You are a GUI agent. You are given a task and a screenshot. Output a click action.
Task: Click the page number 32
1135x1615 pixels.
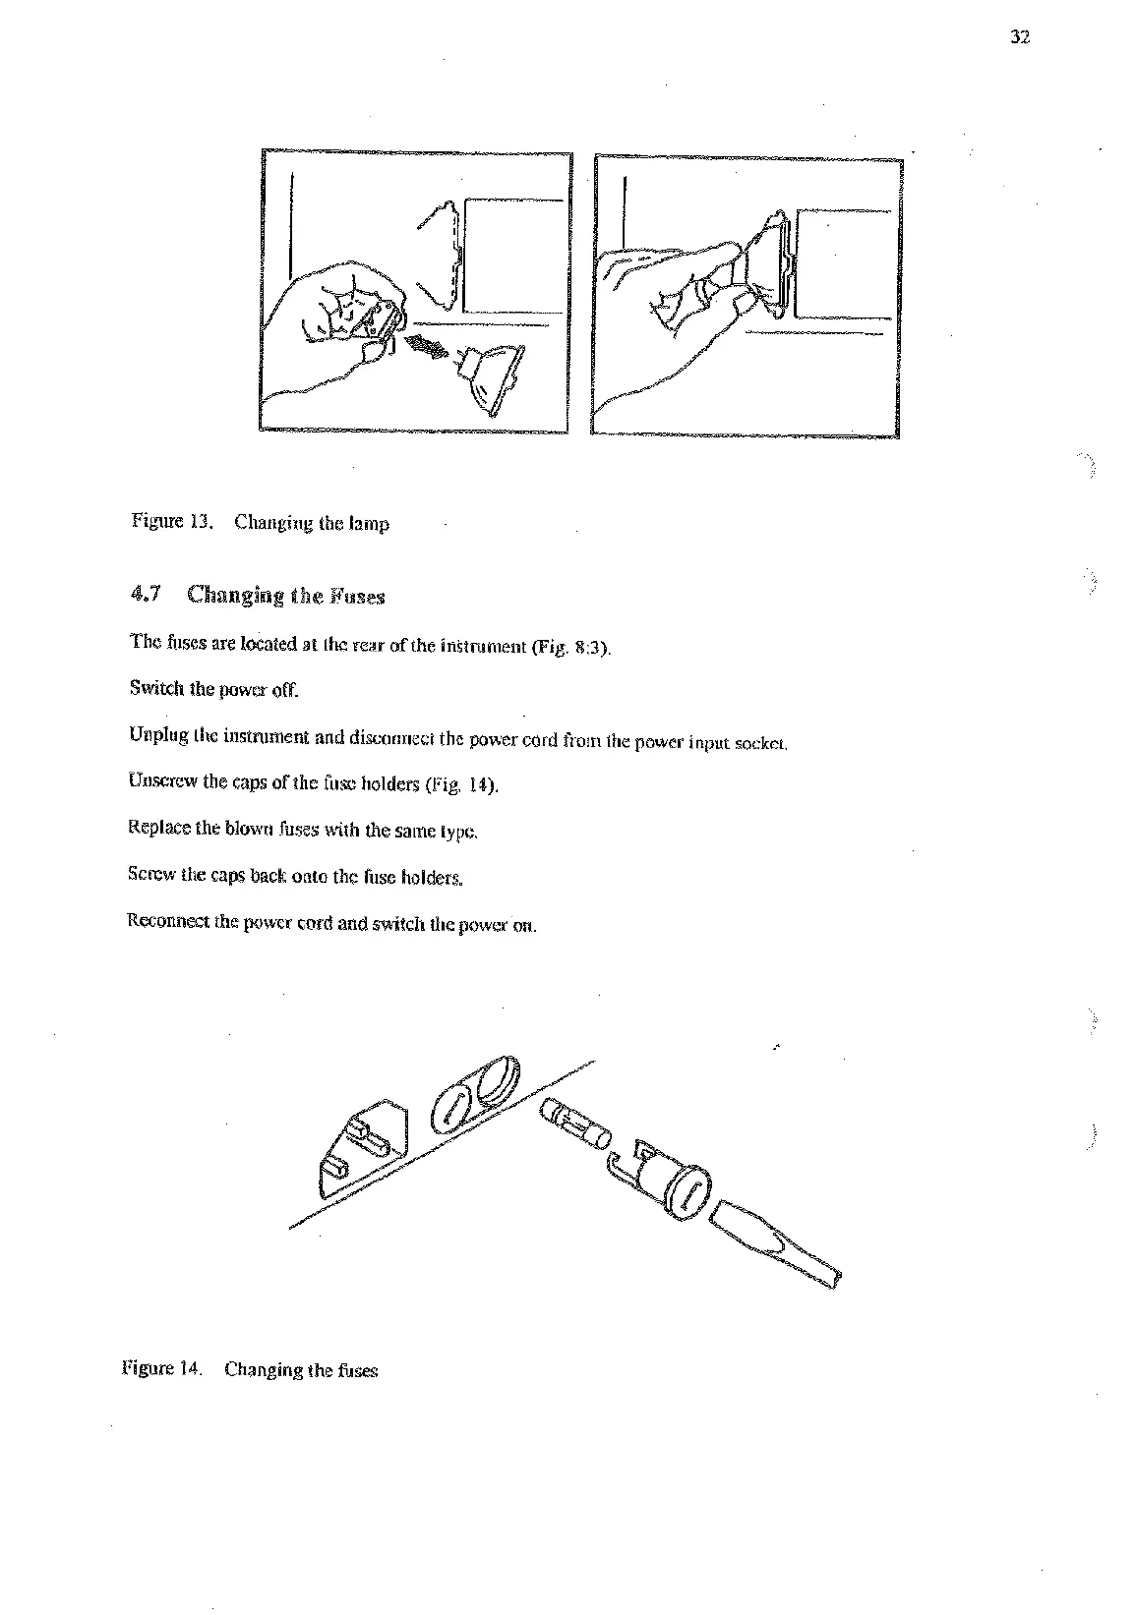point(1019,38)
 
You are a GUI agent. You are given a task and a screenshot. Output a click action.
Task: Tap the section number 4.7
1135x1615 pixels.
point(145,594)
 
